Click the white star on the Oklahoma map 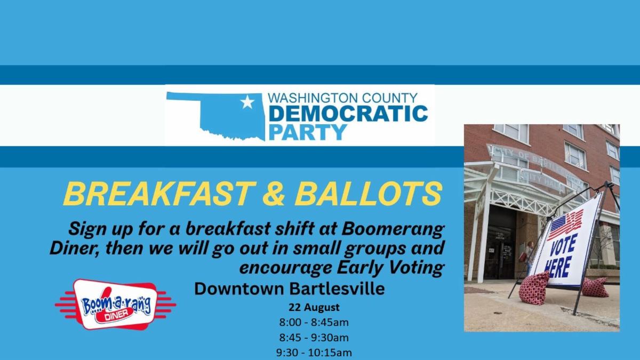247,102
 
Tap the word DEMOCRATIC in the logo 348,114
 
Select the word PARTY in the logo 308,132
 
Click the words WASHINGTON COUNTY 342,98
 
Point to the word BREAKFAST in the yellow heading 159,194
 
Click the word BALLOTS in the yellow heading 369,194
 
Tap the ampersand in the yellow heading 274,194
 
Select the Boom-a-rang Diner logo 115,305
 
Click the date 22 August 314,307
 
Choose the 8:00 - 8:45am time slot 314,322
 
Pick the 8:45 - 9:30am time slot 314,338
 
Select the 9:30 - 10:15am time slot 314,353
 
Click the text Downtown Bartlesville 290,289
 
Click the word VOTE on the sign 563,245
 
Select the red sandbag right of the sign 594,286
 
